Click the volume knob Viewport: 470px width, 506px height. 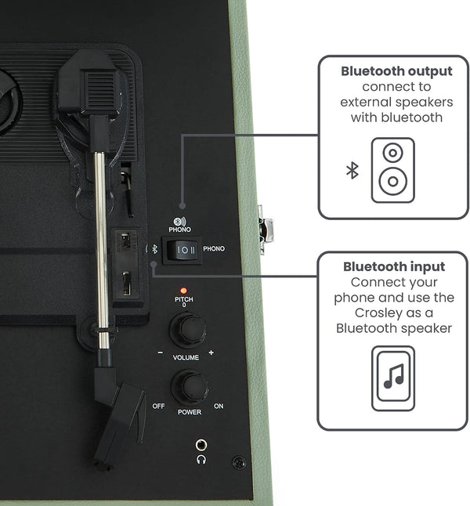188,330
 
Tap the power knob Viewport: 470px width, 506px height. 190,387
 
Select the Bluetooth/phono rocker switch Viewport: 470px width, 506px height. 182,250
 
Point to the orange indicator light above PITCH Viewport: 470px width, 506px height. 183,291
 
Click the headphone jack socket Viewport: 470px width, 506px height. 201,446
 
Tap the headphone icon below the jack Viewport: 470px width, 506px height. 201,459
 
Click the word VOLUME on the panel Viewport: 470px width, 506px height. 186,357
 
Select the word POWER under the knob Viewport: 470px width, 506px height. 190,412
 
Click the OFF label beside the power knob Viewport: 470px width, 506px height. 158,406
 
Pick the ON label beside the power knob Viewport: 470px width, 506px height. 219,406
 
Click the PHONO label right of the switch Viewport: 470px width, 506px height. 214,249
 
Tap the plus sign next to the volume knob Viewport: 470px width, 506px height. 211,352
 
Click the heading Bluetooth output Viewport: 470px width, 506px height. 396,71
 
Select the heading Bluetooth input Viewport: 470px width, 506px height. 394,266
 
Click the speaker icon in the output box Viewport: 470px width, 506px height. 393,171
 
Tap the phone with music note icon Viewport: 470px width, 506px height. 393,378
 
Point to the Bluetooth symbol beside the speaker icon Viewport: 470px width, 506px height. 352,171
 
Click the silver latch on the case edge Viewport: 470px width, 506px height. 265,230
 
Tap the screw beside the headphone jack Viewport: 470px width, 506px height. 239,463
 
